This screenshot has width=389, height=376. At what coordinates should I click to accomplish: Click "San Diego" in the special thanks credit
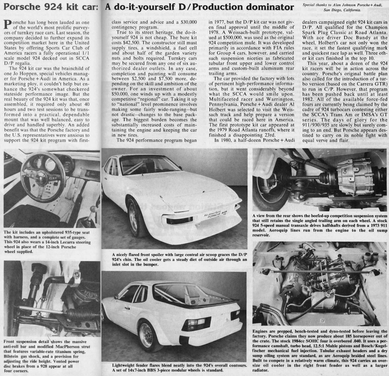[x=322, y=10]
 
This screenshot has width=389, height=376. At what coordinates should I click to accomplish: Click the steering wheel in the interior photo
[x=43, y=177]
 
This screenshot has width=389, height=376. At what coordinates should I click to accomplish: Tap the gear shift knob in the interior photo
[x=93, y=210]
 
